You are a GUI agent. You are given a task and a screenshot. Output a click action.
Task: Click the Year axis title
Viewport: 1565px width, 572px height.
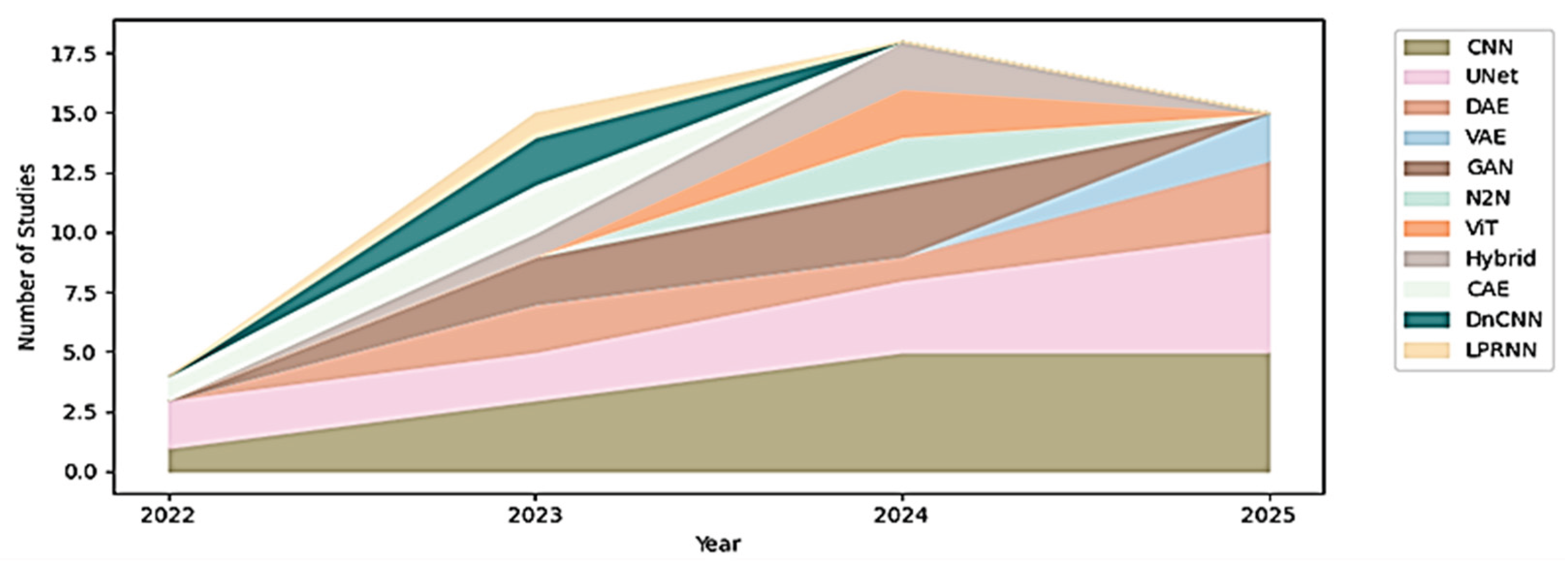pos(718,544)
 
